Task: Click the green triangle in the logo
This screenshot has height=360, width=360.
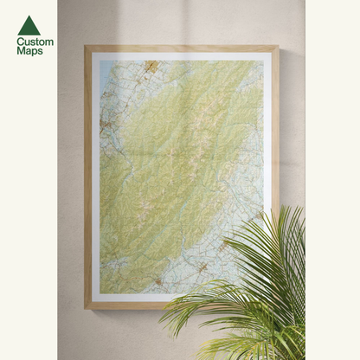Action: coord(29,25)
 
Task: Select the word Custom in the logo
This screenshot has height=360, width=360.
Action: coord(35,42)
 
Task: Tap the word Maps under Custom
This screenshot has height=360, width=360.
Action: coord(29,51)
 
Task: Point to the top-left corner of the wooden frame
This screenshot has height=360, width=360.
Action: coord(86,47)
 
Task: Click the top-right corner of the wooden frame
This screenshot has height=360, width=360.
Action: coord(279,47)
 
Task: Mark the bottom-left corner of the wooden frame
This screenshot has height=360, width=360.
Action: coord(86,308)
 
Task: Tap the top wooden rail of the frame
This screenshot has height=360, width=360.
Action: coord(182,48)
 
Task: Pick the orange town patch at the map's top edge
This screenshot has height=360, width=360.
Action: coord(152,65)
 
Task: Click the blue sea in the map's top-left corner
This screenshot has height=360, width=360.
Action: coord(103,69)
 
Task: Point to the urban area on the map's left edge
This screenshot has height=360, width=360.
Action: coord(105,130)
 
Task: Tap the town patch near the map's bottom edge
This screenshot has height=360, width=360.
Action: coord(158,280)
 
